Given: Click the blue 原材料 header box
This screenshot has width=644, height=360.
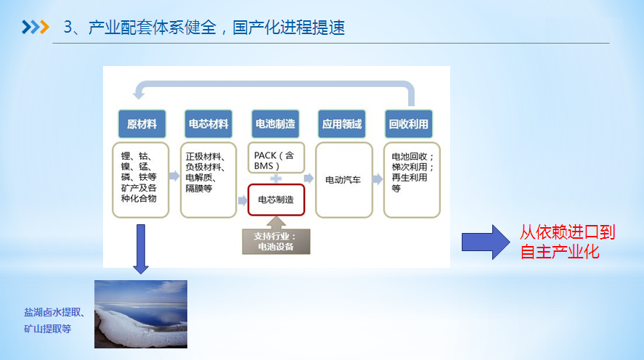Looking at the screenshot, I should pyautogui.click(x=142, y=124).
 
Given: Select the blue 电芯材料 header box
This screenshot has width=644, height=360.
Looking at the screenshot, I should pyautogui.click(x=208, y=124).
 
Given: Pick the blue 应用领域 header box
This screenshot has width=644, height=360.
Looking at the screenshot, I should pyautogui.click(x=342, y=124).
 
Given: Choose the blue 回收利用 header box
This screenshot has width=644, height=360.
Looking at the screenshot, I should pyautogui.click(x=409, y=124).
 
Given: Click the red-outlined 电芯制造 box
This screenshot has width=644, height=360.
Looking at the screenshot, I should pyautogui.click(x=277, y=200).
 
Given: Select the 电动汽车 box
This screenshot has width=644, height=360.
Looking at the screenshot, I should pyautogui.click(x=343, y=179).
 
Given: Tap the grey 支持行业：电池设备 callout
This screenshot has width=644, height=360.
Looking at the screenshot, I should pyautogui.click(x=277, y=240).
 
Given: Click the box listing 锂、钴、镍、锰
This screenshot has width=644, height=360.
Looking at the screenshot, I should pyautogui.click(x=141, y=179).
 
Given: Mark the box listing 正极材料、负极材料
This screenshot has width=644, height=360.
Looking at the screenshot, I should pyautogui.click(x=208, y=179).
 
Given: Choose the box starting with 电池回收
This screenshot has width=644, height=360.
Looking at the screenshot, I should pyautogui.click(x=412, y=179).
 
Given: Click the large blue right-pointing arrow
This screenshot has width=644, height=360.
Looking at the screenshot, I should pyautogui.click(x=486, y=241).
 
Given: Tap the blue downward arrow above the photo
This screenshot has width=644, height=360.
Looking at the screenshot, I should pyautogui.click(x=141, y=249).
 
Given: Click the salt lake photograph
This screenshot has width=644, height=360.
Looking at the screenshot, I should pyautogui.click(x=141, y=314).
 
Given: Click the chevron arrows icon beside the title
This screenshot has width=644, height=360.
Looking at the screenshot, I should pyautogui.click(x=35, y=28).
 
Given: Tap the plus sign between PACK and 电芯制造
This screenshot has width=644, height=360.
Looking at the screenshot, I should pyautogui.click(x=277, y=179).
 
